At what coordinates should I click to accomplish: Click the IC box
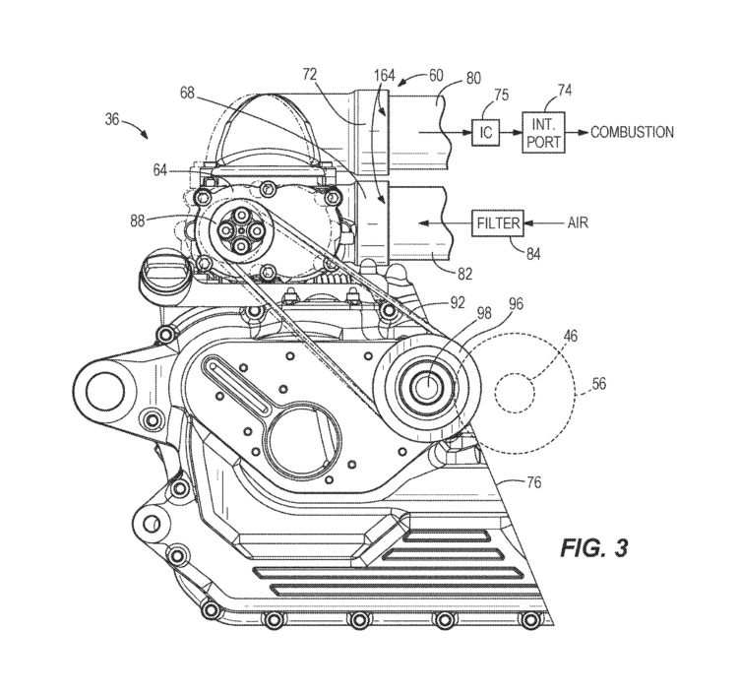click(486, 132)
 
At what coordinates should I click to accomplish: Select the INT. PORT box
click(543, 132)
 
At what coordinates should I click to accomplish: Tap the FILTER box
click(498, 222)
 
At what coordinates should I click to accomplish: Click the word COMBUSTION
click(632, 132)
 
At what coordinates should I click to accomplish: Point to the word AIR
click(578, 222)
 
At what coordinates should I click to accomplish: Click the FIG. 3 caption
click(594, 548)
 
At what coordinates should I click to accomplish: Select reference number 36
click(111, 119)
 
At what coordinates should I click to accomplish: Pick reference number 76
click(533, 482)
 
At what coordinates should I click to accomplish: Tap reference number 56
click(598, 384)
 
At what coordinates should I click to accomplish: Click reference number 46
click(571, 336)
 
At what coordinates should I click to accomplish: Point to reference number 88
click(137, 221)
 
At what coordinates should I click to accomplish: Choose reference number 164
click(384, 76)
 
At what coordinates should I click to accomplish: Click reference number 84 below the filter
click(533, 254)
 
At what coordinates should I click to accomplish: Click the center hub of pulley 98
click(428, 387)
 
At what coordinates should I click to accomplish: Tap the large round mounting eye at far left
click(104, 391)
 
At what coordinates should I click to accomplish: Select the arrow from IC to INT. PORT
click(511, 132)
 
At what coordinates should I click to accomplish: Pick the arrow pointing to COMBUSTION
click(577, 132)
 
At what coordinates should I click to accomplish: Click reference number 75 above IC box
click(502, 95)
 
